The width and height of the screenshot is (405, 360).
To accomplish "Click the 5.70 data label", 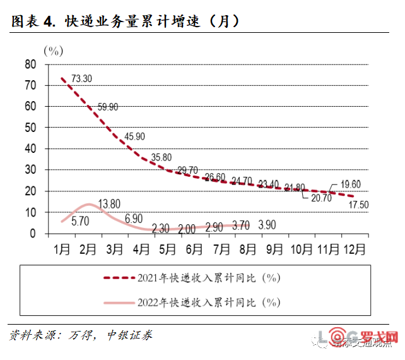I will pos(81,220).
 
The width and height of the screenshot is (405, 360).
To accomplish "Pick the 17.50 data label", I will pos(360,205).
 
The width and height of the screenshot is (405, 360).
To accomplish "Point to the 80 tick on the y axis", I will pos(30,64).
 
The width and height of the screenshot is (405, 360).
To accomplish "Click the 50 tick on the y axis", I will pos(30,128).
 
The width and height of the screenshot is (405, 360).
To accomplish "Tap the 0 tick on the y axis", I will pos(33,234).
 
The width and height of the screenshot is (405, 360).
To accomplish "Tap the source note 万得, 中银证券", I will pos(107,335).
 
